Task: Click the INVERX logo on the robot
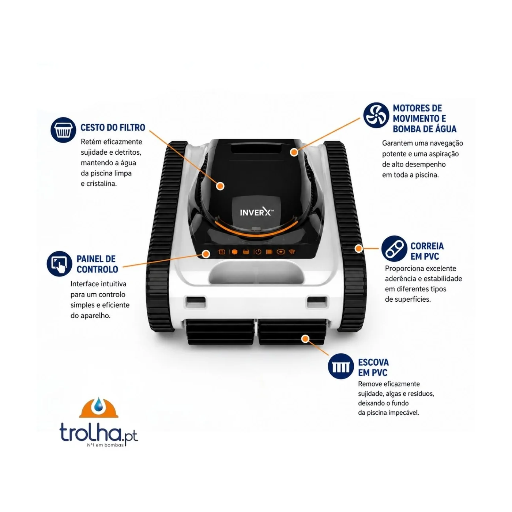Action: pos(256,212)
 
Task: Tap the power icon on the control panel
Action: pos(258,252)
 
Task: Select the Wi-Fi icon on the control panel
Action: pos(292,252)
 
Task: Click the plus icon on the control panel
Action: pos(281,252)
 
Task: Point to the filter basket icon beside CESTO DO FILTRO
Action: pos(63,130)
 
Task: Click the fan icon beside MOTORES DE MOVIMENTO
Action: pos(376,115)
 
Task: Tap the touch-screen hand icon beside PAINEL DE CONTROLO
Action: pos(60,264)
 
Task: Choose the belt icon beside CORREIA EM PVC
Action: pos(394,248)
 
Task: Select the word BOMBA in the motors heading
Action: pos(407,129)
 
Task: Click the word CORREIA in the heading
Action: pos(427,246)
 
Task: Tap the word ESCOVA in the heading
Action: pos(373,362)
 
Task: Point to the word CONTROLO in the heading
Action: pos(98,269)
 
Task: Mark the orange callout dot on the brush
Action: pos(305,339)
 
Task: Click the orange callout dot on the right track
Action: pos(359,248)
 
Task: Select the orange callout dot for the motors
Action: pos(294,152)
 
